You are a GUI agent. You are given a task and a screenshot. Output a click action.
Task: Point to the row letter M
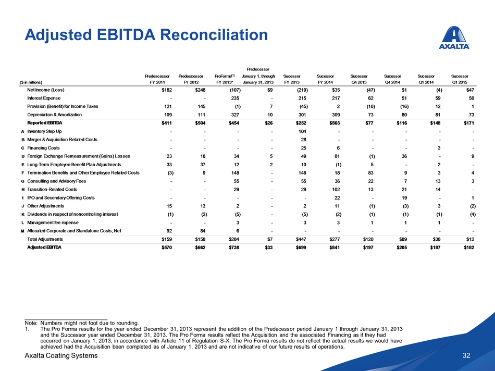click(22, 231)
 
